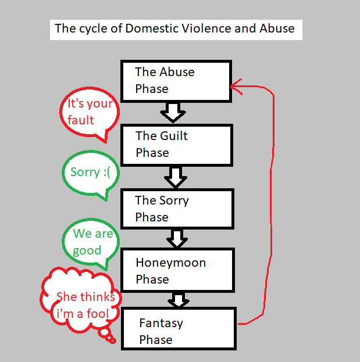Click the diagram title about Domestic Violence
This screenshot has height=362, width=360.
point(174,28)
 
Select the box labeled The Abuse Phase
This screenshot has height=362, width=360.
point(176,80)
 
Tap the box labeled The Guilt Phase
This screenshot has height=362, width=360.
point(176,144)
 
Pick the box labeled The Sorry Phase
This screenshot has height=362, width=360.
point(176,209)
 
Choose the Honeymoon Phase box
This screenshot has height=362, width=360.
point(176,270)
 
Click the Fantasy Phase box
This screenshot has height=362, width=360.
point(179,331)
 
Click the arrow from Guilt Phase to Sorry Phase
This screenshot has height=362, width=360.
point(174,175)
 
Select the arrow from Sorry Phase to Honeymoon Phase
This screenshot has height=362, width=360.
point(176,237)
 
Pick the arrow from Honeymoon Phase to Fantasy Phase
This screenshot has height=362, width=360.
point(178,300)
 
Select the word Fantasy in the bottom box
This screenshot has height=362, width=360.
point(161,323)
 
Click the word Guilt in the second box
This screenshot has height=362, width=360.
point(174,136)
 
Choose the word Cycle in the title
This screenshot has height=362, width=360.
point(90,28)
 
